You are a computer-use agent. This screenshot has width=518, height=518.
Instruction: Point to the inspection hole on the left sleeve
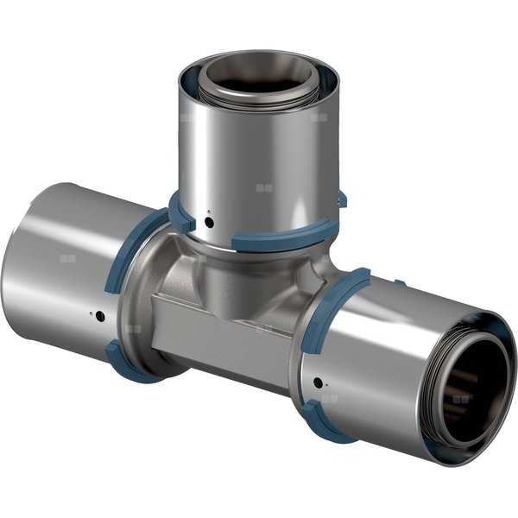click(x=99, y=316)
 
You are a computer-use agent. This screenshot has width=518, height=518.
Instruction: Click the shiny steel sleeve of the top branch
click(x=259, y=164)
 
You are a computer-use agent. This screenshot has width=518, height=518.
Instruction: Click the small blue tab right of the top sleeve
click(x=342, y=200)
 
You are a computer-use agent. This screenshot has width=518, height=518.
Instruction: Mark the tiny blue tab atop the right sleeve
click(x=400, y=282)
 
